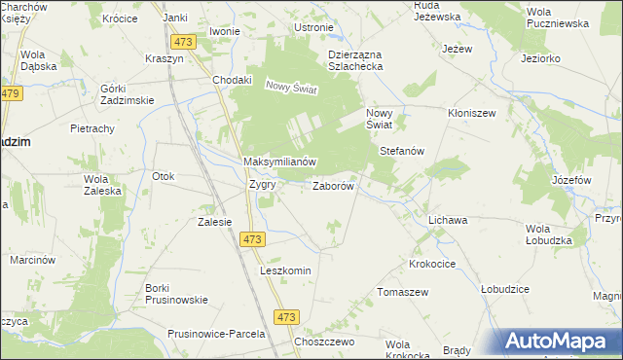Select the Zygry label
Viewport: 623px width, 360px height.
click(x=262, y=184)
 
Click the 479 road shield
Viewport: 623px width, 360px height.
click(x=11, y=93)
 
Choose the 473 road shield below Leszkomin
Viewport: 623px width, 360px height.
click(x=286, y=317)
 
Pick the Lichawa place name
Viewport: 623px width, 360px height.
click(x=448, y=221)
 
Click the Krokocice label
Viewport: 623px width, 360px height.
click(x=433, y=264)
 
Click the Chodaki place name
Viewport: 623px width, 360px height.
click(x=233, y=80)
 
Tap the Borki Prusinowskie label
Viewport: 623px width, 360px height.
click(x=165, y=294)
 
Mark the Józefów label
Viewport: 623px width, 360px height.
click(x=571, y=181)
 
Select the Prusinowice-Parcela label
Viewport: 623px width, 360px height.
click(x=216, y=334)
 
